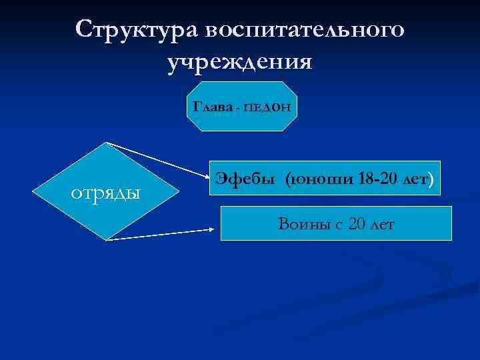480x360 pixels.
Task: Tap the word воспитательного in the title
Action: (303, 30)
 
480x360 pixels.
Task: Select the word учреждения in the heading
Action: (240, 62)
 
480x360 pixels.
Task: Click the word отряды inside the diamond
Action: (106, 193)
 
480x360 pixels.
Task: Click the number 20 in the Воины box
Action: (357, 225)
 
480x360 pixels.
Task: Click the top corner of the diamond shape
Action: (107, 143)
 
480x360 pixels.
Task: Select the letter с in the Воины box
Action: (339, 225)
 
